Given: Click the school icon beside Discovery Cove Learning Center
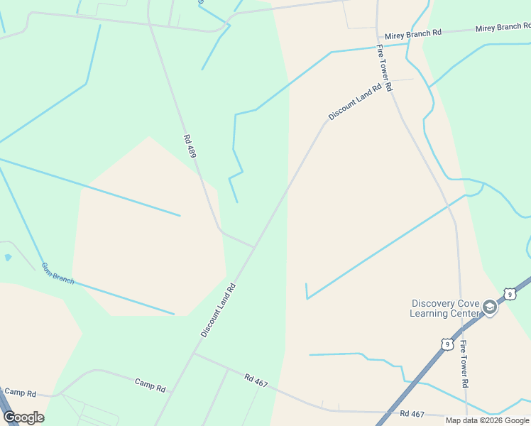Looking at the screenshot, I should click(489, 307).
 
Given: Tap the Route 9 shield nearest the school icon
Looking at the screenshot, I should click(509, 294).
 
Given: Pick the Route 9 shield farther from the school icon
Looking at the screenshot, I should click(445, 344).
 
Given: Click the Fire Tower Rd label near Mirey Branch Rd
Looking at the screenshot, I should click(384, 69).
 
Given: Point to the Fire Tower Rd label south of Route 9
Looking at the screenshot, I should click(464, 364).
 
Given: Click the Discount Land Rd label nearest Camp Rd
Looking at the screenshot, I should click(217, 310).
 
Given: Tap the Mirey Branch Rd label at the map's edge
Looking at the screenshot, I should click(503, 28).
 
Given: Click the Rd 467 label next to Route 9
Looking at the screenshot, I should click(412, 413).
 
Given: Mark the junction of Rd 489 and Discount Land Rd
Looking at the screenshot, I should click(254, 248).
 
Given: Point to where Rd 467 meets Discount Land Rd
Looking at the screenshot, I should click(193, 353).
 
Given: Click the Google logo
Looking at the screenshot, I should click(23, 417).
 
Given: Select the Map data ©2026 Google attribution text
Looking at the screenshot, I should click(488, 420).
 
